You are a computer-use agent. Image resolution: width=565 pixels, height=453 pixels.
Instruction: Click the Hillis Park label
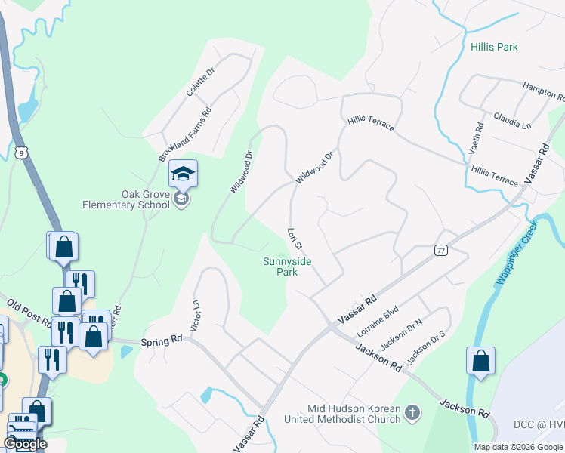tap(494, 47)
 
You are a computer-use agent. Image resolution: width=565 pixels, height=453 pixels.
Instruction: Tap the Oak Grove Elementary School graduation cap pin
tap(183, 176)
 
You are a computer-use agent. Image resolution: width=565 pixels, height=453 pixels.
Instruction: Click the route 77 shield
tap(441, 250)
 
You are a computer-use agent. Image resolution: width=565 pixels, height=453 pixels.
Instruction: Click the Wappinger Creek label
tap(516, 252)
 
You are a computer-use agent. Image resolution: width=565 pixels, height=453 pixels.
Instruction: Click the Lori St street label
tap(295, 239)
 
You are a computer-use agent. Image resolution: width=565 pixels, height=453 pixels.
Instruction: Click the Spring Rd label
tap(162, 341)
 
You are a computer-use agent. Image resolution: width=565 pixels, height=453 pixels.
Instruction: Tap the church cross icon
tap(412, 412)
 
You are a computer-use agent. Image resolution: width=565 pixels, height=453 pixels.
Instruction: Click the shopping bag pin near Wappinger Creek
tap(480, 363)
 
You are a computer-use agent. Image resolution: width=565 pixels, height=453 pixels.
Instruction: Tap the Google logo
tap(25, 444)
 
